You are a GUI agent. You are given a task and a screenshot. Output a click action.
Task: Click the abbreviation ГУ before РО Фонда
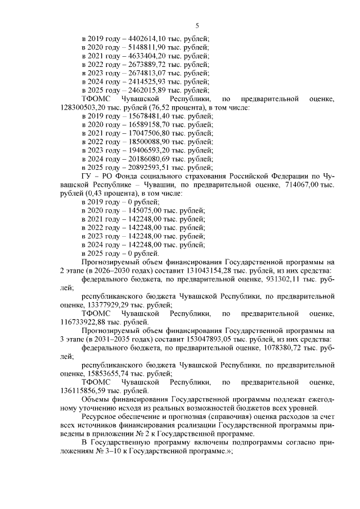(x=87, y=176)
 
